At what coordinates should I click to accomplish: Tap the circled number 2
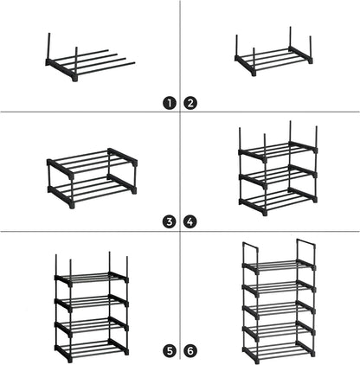pyautogui.click(x=190, y=102)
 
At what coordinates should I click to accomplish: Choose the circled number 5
pyautogui.click(x=170, y=351)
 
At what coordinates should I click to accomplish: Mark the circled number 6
pyautogui.click(x=190, y=351)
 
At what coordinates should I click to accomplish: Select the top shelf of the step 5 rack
pyautogui.click(x=92, y=280)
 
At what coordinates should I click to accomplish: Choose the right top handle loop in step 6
pyautogui.click(x=305, y=247)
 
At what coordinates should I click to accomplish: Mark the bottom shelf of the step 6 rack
pyautogui.click(x=278, y=349)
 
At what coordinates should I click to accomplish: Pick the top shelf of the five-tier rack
pyautogui.click(x=278, y=265)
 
